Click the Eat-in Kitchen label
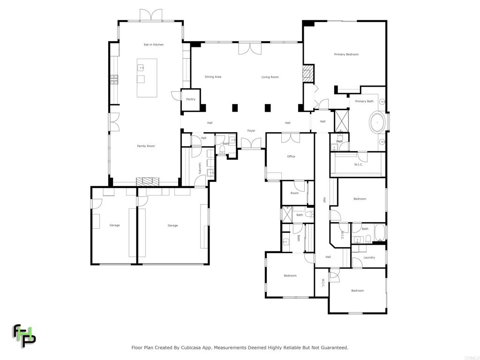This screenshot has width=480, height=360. [154, 45]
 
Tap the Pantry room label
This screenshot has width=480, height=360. [191, 99]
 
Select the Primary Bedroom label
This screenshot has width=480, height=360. [346, 54]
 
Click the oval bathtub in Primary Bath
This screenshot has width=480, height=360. [378, 122]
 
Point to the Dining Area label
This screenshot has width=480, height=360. [213, 77]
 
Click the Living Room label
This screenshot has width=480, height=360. [270, 77]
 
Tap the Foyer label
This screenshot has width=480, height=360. [251, 131]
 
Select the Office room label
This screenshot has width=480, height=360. [291, 157]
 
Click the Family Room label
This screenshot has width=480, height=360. [146, 146]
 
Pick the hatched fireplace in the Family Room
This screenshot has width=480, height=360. [148, 181]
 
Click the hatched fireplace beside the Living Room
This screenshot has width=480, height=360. [308, 74]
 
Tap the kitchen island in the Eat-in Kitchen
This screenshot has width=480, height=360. [147, 78]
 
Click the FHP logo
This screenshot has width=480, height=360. [24, 336]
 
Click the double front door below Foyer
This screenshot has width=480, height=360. [251, 143]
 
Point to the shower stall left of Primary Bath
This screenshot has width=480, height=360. [342, 121]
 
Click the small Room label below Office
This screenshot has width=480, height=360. [294, 193]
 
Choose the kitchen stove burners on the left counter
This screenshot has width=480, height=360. [114, 80]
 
